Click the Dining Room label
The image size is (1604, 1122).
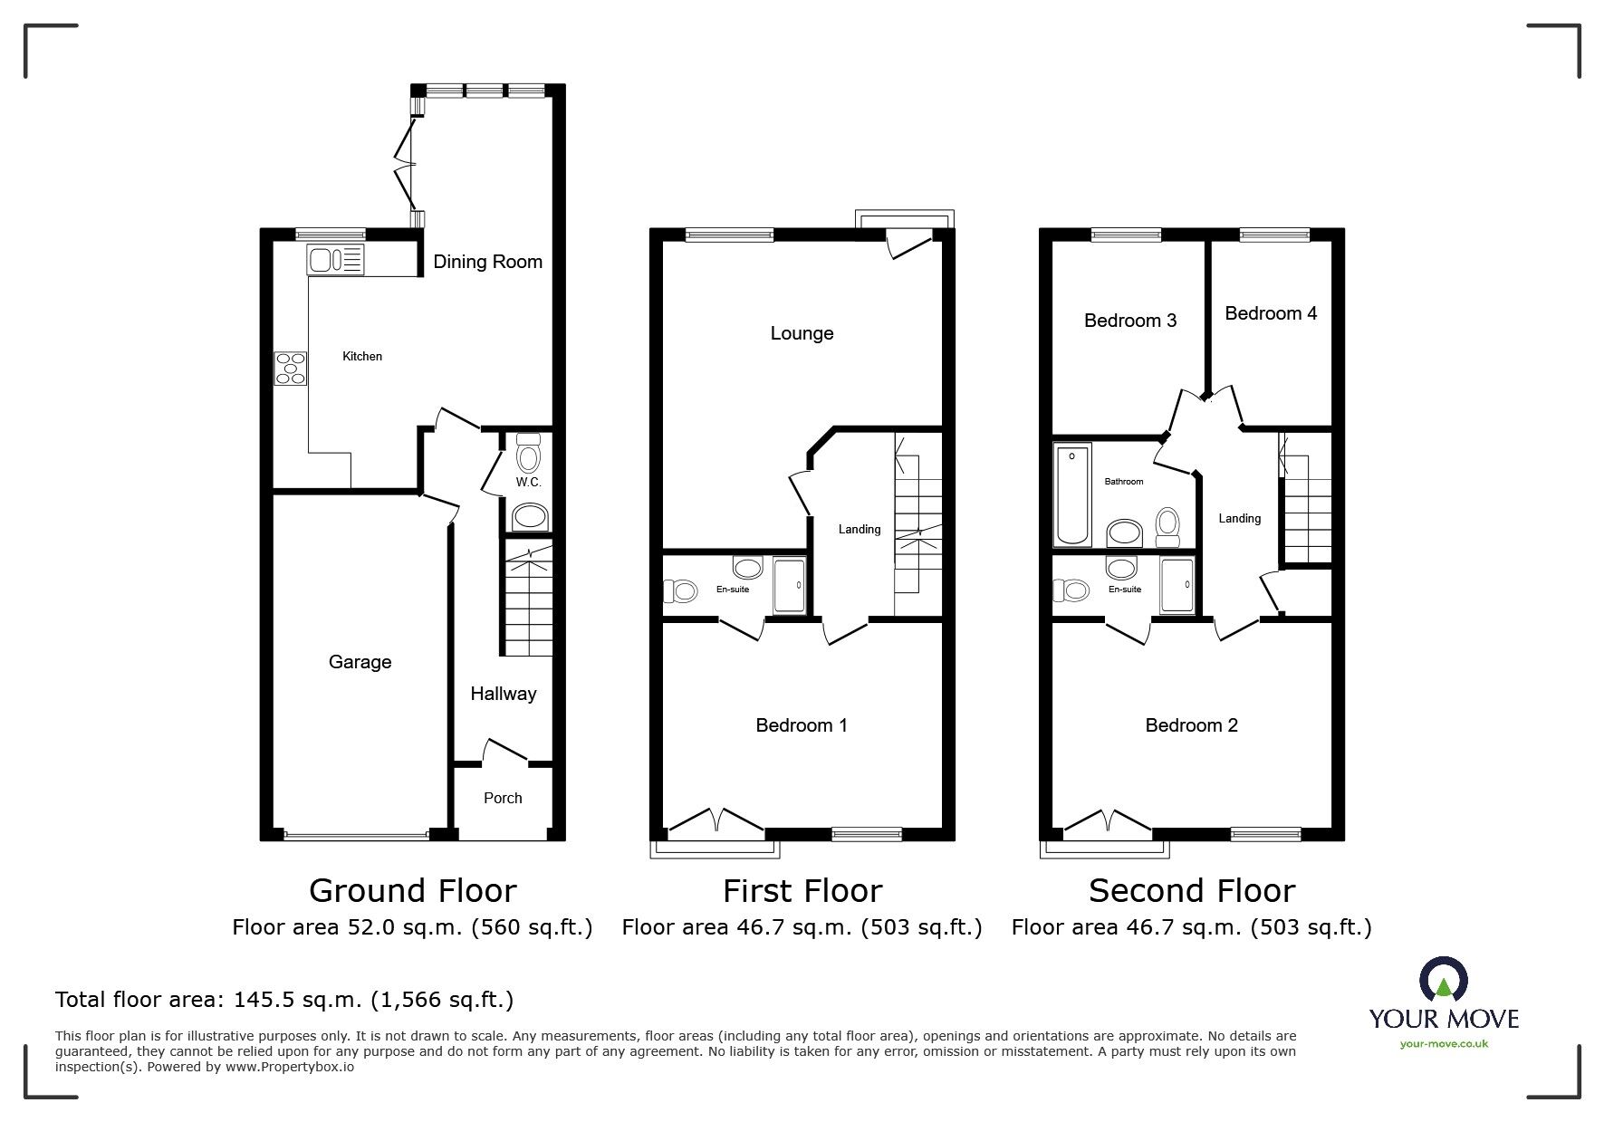487,262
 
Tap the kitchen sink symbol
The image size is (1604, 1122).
335,260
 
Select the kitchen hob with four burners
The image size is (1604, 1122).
291,368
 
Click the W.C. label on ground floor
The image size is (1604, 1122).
528,482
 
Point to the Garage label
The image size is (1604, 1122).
360,662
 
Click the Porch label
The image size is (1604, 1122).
503,798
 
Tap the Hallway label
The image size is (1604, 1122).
503,694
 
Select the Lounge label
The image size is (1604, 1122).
802,333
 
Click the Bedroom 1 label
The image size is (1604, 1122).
802,725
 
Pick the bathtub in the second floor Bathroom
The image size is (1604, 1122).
1071,494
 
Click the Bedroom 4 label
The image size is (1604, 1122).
1271,313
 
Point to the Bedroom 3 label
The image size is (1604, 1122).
1129,321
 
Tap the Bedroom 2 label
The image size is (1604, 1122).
1191,725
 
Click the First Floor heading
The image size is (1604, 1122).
802,891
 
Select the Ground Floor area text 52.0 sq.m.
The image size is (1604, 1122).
412,927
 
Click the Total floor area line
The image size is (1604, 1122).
284,1000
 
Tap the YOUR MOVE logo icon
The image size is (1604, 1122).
1443,981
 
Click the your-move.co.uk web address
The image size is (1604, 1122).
1444,1044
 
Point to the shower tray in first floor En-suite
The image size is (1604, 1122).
790,585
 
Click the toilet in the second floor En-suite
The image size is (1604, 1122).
1071,590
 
